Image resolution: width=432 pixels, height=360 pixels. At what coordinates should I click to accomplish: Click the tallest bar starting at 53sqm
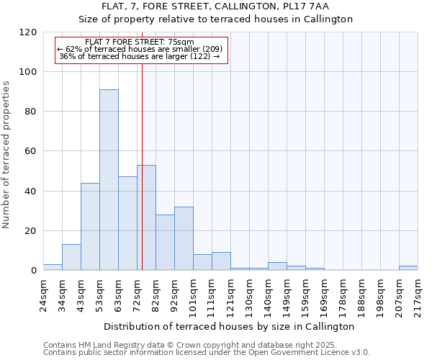coord(109,180)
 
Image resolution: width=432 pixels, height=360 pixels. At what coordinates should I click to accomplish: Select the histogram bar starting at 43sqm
coord(90,227)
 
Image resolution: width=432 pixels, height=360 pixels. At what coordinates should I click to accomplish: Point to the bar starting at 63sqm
coord(127,224)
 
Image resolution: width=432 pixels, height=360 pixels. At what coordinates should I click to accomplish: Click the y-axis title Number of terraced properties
coord(7,154)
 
